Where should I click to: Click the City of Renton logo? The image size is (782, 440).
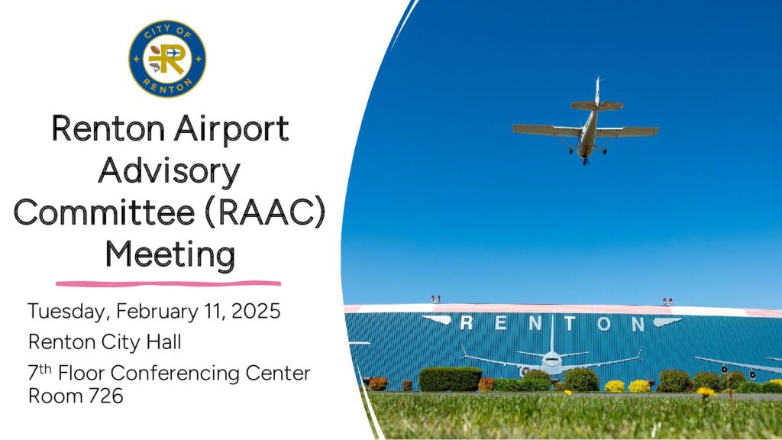coord(167,59)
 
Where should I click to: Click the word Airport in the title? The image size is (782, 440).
coord(231,128)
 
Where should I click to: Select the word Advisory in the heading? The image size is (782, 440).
coord(169,172)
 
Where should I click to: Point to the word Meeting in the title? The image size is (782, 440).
coord(170,254)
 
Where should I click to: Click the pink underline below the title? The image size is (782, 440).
coord(169,284)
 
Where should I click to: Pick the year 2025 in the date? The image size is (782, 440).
coord(256,311)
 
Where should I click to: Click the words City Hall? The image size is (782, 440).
coord(141,342)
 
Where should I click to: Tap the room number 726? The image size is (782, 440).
coord(105,396)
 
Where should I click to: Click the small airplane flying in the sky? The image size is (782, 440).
coord(586,122)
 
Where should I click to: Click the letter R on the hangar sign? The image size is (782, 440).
coord(467,323)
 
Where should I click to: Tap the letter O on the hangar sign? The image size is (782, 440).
coord(604,324)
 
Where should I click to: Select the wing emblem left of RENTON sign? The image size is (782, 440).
coord(437,320)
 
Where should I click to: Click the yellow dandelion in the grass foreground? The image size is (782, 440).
coord(706,392)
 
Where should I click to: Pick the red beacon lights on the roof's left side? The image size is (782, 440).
coord(435,299)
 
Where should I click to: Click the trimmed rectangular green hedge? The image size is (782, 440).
coord(451,379)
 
